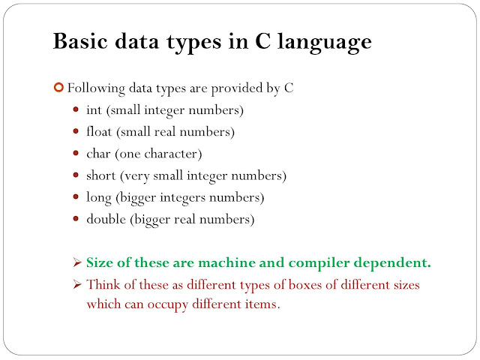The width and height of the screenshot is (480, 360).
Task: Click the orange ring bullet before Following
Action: tap(59, 88)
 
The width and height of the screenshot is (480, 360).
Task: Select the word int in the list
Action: tap(94, 111)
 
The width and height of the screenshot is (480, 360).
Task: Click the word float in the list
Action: tap(100, 132)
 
